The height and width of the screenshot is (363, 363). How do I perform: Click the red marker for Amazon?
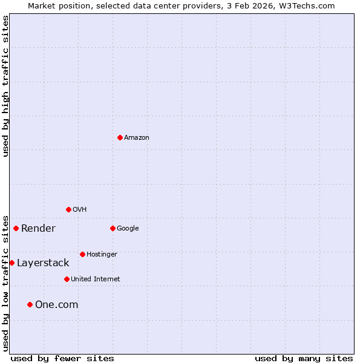tap(120, 137)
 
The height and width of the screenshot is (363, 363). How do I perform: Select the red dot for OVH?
tap(68, 209)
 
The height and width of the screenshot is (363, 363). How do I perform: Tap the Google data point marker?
tap(113, 228)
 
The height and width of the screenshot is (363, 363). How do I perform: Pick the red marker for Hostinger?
tap(82, 254)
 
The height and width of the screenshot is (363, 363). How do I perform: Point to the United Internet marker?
tap(67, 279)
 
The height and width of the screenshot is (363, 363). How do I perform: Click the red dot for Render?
tap(16, 228)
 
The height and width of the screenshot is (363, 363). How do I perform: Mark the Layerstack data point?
tap(11, 263)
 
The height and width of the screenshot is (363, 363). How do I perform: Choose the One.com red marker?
tap(30, 304)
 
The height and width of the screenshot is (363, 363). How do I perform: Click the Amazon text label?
tap(137, 138)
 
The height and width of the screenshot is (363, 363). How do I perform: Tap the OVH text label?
tap(79, 210)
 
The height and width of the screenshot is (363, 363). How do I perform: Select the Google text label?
tap(128, 229)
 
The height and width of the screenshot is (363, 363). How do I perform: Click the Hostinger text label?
tap(102, 255)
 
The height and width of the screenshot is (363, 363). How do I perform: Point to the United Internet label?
tap(96, 280)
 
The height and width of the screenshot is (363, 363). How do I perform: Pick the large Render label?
tap(38, 229)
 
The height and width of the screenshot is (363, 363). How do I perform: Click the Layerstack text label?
tap(43, 263)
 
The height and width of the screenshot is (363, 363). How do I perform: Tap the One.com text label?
tap(57, 305)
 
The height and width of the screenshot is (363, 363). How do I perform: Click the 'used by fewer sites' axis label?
tap(62, 358)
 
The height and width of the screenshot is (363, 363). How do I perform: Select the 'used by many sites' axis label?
tap(304, 358)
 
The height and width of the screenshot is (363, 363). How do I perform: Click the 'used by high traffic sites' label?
tap(5, 86)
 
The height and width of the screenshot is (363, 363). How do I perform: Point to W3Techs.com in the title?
tap(308, 5)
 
